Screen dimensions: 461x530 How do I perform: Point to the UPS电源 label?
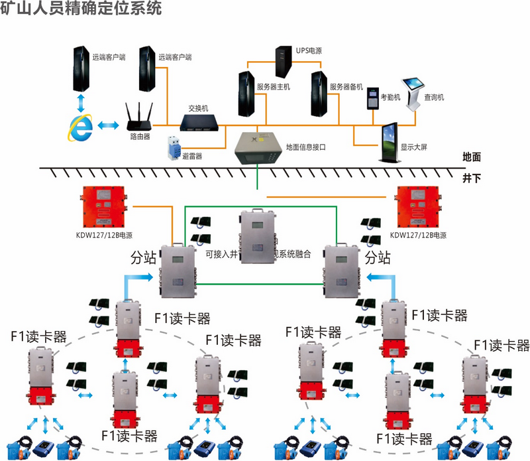(x=308, y=50)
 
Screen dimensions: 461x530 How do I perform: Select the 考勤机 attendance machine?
(x=371, y=99)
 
